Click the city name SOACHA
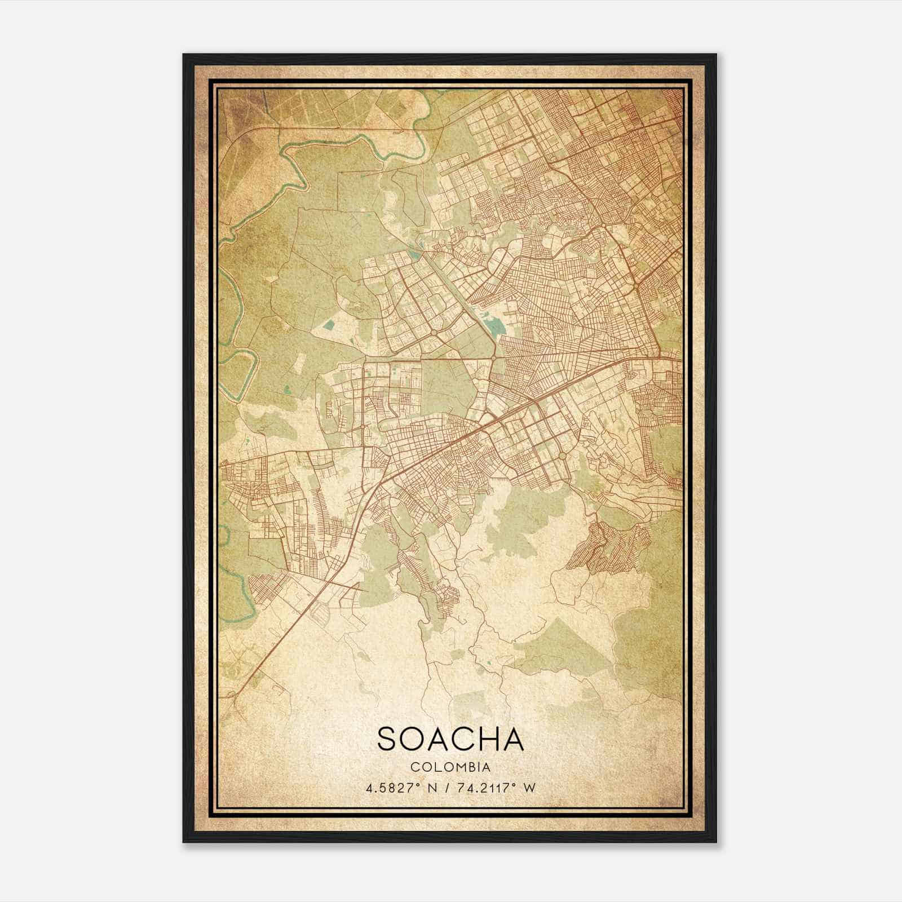[450, 739]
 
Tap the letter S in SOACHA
[389, 739]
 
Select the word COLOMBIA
[450, 767]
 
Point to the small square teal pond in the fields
[330, 325]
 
